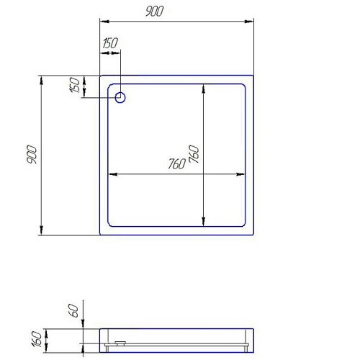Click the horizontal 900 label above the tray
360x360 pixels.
coord(155,12)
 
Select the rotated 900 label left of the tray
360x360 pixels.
coord(32,154)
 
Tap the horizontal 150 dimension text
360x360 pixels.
coord(110,43)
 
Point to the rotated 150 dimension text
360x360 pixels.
coord(75,85)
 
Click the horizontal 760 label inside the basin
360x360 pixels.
coord(177,164)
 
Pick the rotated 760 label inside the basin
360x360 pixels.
coord(194,154)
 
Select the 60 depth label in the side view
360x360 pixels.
coord(73,311)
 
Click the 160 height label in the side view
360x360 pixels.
coord(37,339)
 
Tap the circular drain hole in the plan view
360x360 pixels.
coord(120,97)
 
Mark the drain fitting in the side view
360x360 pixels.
coord(120,343)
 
